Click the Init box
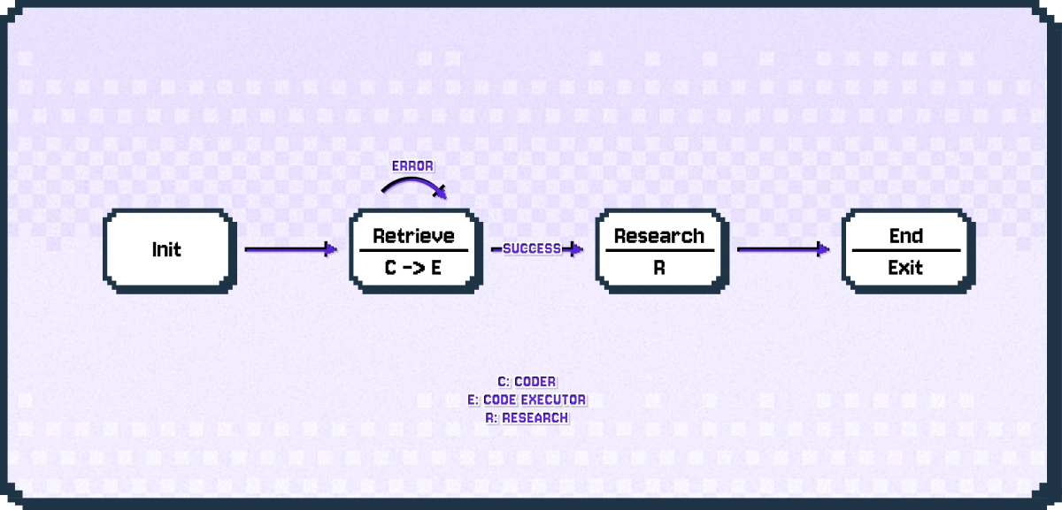(166, 250)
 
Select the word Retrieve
(413, 236)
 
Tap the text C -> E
(413, 268)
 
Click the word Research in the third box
(659, 236)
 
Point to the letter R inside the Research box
(659, 268)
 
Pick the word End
(905, 236)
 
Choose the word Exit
(905, 268)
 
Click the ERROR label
(413, 166)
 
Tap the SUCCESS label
(532, 249)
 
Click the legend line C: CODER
(527, 382)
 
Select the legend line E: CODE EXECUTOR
(527, 400)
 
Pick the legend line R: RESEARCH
(527, 418)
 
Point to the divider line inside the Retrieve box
(413, 251)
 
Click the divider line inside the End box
(905, 251)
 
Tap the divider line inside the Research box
(659, 251)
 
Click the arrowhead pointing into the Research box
(577, 249)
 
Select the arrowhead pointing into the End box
(824, 250)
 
